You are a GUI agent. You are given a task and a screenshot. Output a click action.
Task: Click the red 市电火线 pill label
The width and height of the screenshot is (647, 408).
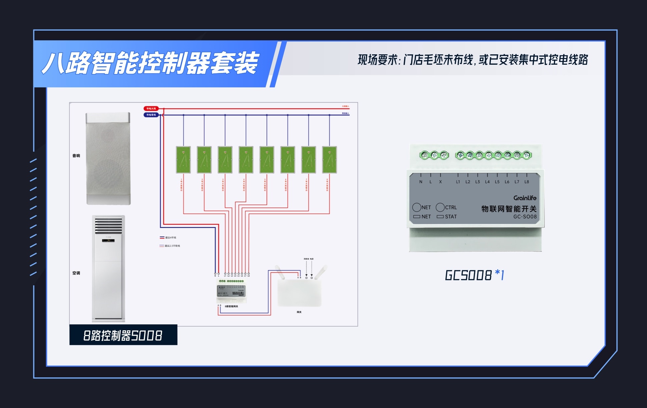point(151,109)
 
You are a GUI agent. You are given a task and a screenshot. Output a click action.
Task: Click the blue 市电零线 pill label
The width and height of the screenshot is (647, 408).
point(151,115)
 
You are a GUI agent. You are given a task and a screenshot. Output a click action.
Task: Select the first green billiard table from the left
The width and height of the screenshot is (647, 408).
point(183,160)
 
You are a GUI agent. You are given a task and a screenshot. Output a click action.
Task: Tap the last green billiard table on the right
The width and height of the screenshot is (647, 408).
point(329,160)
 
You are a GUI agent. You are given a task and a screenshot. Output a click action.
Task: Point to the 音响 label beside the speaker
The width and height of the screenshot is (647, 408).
point(76,156)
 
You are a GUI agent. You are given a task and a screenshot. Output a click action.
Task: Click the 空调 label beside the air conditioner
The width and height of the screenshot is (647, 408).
point(76,273)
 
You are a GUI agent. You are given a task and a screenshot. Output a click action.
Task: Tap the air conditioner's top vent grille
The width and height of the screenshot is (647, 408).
point(109,226)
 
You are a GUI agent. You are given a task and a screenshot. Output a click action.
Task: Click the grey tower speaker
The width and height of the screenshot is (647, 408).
point(108,159)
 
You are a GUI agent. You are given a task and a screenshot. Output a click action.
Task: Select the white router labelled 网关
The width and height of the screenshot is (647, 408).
point(299,292)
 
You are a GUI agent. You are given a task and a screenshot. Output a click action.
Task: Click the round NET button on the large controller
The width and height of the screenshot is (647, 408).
point(417,207)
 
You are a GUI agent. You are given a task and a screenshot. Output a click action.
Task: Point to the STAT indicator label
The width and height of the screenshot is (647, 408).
point(451,217)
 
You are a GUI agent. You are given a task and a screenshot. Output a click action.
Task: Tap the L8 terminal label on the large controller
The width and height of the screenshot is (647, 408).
point(527,182)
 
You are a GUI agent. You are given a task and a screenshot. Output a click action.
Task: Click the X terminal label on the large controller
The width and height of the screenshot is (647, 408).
point(440,182)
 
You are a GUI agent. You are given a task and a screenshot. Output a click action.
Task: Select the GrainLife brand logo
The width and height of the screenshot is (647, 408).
point(525,198)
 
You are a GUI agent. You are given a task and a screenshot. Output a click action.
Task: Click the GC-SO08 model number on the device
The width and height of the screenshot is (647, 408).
point(525,217)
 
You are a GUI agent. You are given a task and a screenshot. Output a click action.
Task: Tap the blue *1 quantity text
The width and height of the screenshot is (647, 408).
point(500,275)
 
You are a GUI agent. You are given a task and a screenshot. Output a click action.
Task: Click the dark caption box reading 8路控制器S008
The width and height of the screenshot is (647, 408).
point(123,335)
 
